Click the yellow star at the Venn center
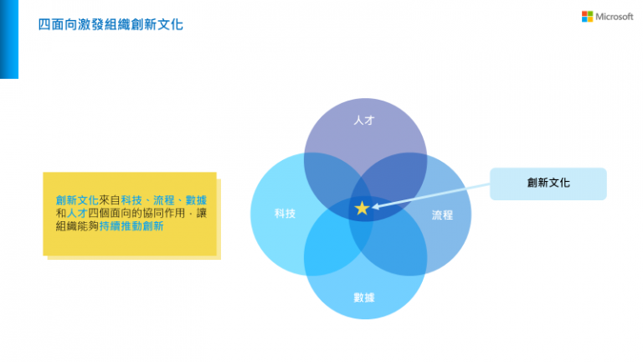click(x=362, y=208)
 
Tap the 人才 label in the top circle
click(x=364, y=121)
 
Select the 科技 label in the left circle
click(x=285, y=214)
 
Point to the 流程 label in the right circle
click(x=442, y=215)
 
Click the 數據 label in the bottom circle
click(x=364, y=297)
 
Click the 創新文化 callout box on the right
click(x=548, y=184)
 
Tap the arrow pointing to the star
click(x=430, y=196)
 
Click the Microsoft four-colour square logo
click(x=587, y=17)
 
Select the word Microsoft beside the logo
click(x=615, y=17)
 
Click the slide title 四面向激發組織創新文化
click(x=111, y=24)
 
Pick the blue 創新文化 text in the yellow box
click(x=77, y=200)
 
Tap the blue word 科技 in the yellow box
click(x=131, y=200)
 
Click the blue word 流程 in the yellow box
click(x=163, y=200)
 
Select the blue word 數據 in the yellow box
click(x=196, y=200)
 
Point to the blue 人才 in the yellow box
click(x=77, y=213)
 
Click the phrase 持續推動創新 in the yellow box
click(x=131, y=226)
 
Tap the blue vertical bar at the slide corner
click(x=9, y=39)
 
